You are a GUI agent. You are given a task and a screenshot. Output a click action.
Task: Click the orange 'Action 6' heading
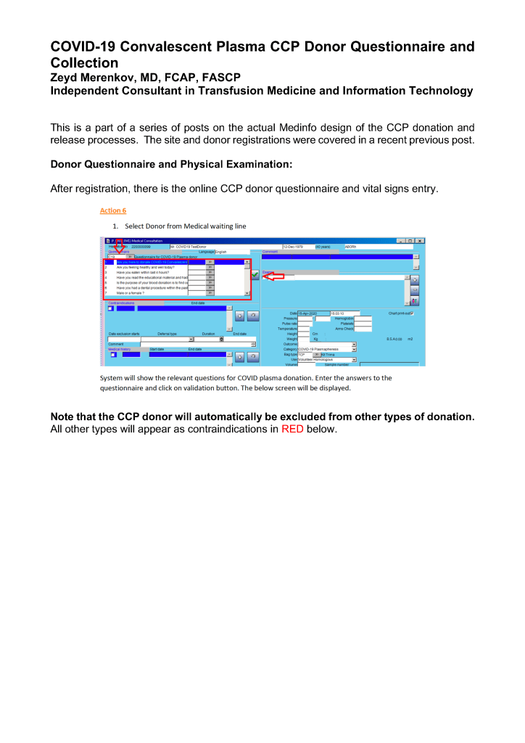(112, 210)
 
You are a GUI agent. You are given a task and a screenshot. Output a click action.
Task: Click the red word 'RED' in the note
(292, 429)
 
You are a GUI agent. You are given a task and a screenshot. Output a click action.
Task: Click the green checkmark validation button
(255, 274)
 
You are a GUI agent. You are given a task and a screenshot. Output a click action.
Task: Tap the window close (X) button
(420, 240)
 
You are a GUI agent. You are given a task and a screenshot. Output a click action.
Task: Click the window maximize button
(410, 240)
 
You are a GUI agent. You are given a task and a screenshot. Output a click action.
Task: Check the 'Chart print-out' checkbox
(413, 313)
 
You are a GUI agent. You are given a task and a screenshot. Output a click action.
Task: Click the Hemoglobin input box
(363, 318)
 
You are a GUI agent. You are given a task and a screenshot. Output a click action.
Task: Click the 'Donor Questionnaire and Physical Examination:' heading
(171, 165)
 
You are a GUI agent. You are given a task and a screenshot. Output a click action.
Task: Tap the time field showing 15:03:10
(344, 313)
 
